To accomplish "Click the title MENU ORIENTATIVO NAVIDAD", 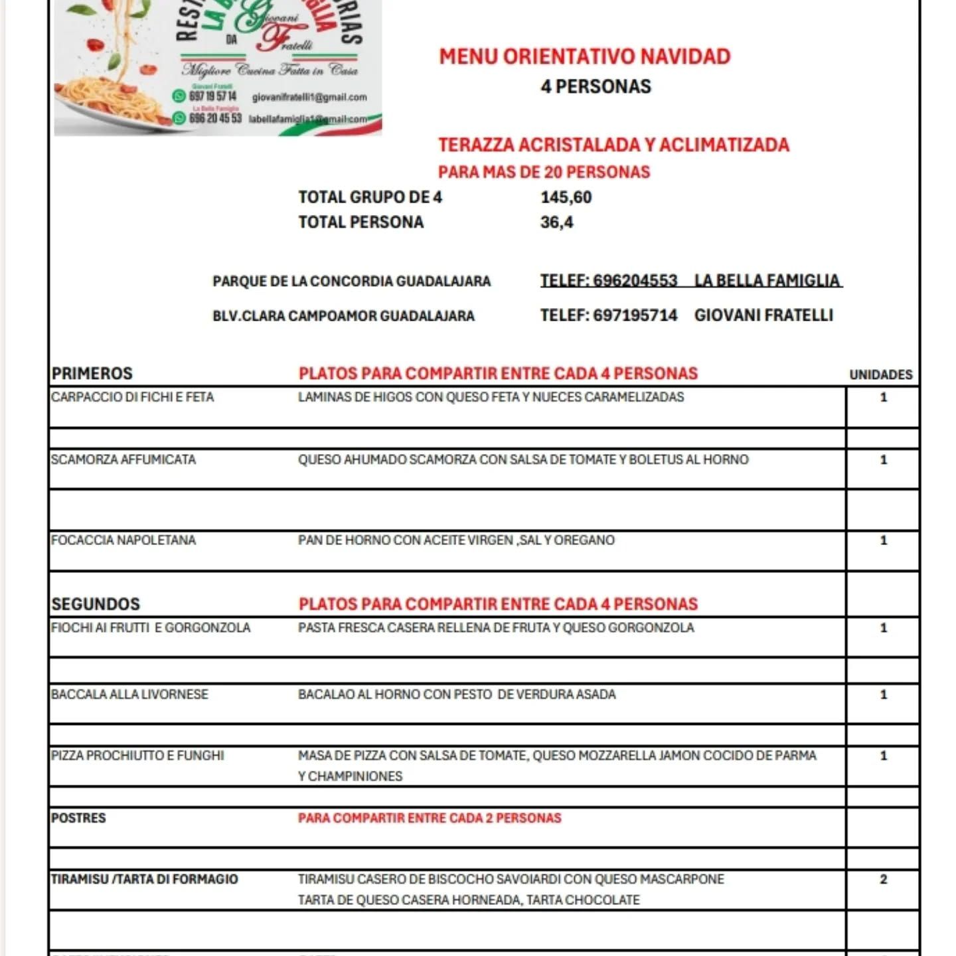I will point(584,57).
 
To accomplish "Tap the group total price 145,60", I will point(566,197).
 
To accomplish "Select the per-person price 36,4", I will point(556,222).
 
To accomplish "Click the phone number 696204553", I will point(635,281).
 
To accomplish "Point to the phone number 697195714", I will point(635,315).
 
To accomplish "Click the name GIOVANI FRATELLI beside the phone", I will point(763,315).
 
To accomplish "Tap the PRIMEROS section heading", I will point(92,374).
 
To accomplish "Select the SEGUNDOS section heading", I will point(96,604).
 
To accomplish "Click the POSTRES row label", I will point(78,818).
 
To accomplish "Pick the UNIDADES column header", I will point(881,375).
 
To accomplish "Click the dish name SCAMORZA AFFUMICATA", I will point(123,459).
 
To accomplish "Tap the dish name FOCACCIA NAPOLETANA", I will point(123,540).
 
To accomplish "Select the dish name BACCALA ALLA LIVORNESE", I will point(129,694).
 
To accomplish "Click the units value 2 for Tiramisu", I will point(883,879).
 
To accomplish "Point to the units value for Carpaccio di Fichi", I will point(883,398).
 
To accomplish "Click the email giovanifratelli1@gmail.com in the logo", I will point(309,98).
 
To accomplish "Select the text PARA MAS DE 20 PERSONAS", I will point(544,172).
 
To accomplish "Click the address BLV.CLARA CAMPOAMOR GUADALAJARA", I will point(343,316).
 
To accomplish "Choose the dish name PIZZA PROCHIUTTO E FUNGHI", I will point(137,756).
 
